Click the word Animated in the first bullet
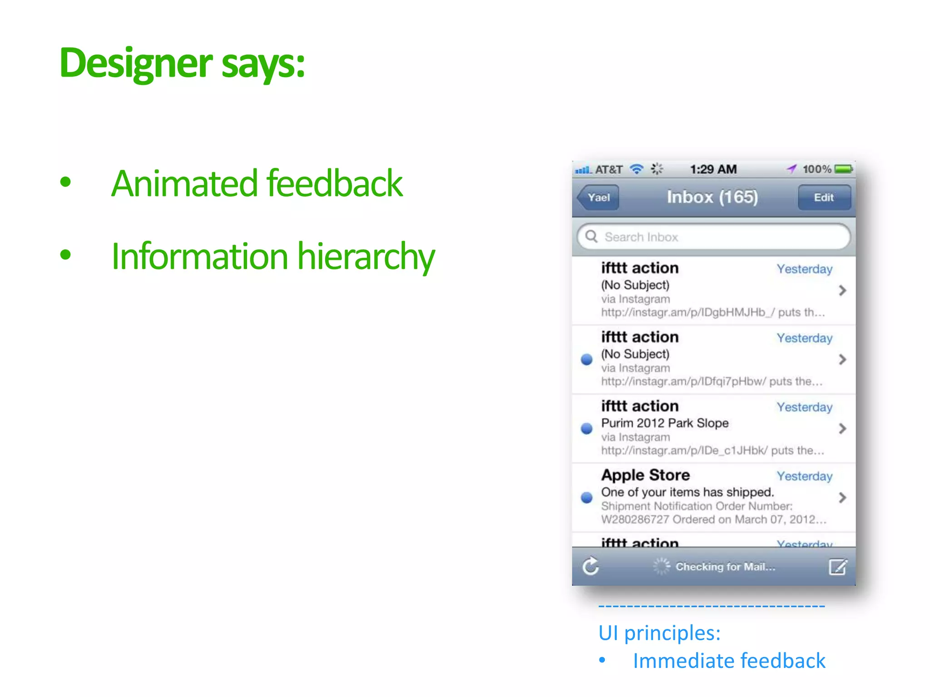[184, 183]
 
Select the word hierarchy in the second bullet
[366, 257]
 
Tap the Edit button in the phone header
[824, 197]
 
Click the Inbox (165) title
[712, 197]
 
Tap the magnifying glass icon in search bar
[591, 236]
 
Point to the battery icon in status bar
[844, 169]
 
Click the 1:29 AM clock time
[713, 169]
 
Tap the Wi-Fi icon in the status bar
[637, 169]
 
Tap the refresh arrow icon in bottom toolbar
[591, 566]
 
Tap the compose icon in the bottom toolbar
[837, 566]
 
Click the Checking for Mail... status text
[725, 566]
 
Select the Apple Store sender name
[645, 475]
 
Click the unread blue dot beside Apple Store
[587, 497]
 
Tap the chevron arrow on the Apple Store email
[842, 497]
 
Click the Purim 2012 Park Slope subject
[665, 423]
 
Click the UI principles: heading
[659, 633]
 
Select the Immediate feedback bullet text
[729, 661]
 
